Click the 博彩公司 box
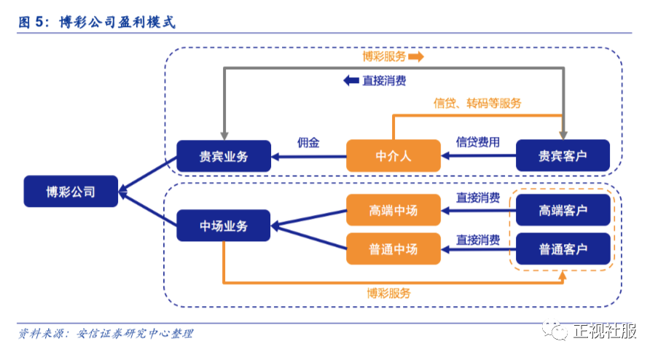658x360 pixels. coord(71,192)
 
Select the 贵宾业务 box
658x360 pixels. coord(224,156)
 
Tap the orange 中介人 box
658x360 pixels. coord(393,156)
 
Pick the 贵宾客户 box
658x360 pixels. coord(563,156)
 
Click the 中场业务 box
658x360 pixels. coord(224,226)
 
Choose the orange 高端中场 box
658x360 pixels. coord(393,211)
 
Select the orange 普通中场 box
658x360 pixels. coord(393,249)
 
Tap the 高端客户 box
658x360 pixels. coord(563,211)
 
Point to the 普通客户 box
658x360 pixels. coord(563,249)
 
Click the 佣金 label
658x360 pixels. coord(308,143)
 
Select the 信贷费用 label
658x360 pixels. coord(478,142)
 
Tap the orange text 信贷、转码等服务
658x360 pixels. coord(477,103)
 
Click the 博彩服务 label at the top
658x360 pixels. coord(384,56)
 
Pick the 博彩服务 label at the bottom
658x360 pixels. coord(389,293)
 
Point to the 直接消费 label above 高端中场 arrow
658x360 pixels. coord(478,197)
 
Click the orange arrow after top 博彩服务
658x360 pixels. coord(416,56)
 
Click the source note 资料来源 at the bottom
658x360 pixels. coord(106,334)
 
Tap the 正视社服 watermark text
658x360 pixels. coord(604,332)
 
